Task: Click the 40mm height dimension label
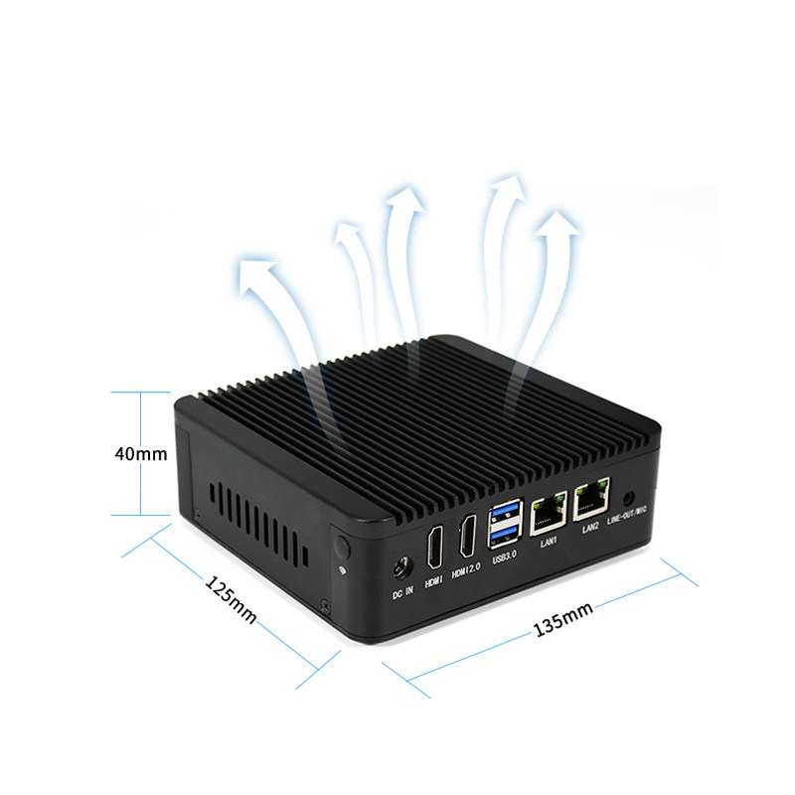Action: tap(140, 453)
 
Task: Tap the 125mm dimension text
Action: tap(231, 600)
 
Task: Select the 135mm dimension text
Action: tap(563, 619)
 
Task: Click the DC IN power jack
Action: tap(402, 567)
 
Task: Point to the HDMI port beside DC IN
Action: tap(435, 548)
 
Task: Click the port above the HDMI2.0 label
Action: tap(467, 536)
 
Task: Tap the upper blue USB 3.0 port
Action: tap(504, 512)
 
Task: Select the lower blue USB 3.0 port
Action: tap(505, 534)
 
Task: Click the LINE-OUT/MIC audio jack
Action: tap(629, 496)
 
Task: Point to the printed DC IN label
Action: tap(403, 592)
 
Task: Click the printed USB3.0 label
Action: tap(505, 556)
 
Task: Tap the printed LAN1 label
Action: tap(549, 543)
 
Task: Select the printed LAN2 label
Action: tap(590, 529)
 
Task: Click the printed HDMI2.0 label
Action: tap(466, 570)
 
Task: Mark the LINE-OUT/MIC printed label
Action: tap(627, 514)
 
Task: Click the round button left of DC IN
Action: tap(343, 547)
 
